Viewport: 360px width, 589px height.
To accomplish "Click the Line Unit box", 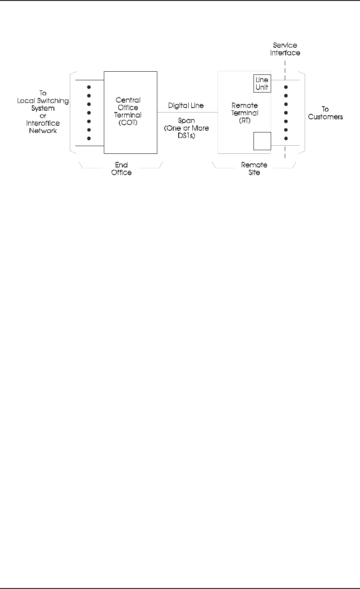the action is point(262,83).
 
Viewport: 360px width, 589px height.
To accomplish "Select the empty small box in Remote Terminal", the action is point(262,141).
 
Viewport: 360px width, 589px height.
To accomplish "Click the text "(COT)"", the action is point(130,123).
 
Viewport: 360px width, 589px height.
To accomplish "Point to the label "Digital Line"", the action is point(186,106).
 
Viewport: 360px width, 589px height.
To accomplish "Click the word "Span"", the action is point(186,121).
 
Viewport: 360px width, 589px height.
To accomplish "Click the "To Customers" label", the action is point(325,113).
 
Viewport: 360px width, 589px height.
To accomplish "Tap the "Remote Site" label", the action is point(254,168).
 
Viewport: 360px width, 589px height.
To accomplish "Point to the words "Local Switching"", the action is point(43,100).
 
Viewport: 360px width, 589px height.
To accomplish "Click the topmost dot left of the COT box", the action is point(89,87).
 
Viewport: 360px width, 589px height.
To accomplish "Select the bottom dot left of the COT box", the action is point(89,138).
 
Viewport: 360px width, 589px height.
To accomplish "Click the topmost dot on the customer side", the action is point(285,87).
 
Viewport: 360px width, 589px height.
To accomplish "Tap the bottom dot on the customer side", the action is point(285,138).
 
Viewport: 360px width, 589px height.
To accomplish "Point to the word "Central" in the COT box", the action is point(130,100).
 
